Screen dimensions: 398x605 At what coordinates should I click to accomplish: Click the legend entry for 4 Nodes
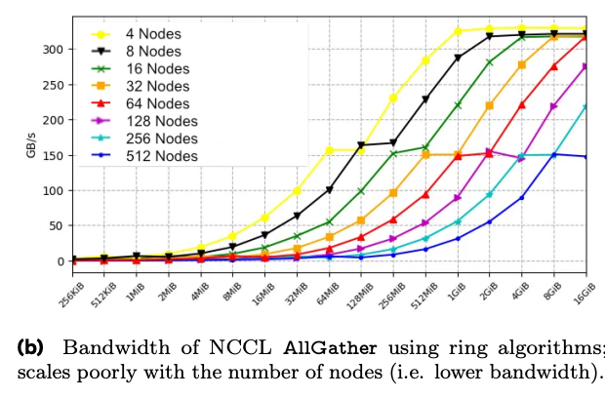[x=156, y=32]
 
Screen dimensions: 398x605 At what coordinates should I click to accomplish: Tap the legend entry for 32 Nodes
[x=159, y=85]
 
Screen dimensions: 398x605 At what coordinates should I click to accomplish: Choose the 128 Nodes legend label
[x=162, y=120]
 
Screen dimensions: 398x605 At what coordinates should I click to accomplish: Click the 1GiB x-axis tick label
[x=456, y=291]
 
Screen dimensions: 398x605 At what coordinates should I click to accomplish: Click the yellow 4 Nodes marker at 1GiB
[x=458, y=31]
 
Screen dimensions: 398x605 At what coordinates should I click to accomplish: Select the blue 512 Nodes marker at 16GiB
[x=586, y=156]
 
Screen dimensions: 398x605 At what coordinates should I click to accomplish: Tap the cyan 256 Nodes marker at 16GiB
[x=586, y=106]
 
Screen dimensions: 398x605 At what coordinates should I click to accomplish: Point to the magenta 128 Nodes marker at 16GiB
[x=586, y=66]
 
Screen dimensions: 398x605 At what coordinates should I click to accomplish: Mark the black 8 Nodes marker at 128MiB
[x=361, y=146]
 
